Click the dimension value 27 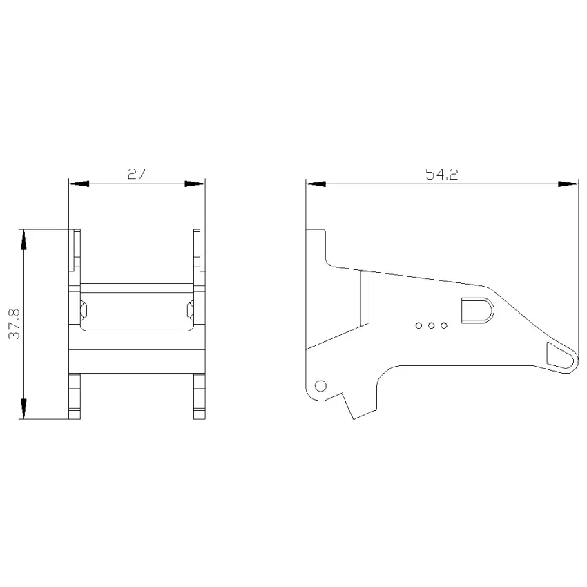click(x=136, y=174)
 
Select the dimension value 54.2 click(x=442, y=174)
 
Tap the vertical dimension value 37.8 click(x=15, y=324)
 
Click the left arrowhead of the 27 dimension click(x=79, y=184)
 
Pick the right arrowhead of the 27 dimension click(x=195, y=184)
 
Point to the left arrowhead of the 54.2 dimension click(x=316, y=184)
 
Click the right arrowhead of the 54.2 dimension click(x=568, y=184)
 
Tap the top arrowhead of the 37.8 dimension click(x=23, y=240)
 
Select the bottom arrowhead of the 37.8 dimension click(x=23, y=409)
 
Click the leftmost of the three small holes click(x=419, y=326)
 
